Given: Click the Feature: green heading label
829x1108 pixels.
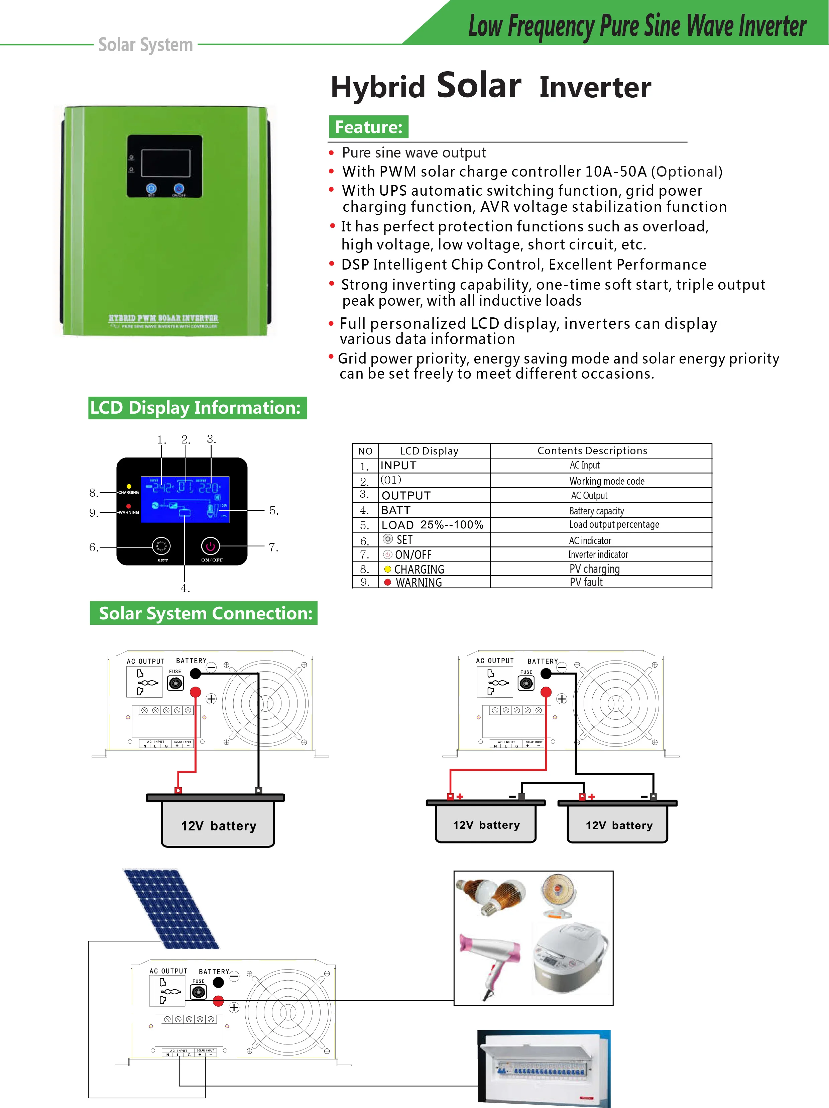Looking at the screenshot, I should pos(368,127).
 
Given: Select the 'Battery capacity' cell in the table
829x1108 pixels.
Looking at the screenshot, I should pos(596,510).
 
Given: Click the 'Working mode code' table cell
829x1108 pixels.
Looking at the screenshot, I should pos(606,481).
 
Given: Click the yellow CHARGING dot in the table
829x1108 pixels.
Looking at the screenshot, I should pos(387,569).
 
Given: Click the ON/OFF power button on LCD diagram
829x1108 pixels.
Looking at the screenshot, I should pos(210,546).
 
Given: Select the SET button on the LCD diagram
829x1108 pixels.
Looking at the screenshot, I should pos(161,546).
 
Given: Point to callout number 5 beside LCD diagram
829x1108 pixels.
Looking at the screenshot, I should pos(273,510).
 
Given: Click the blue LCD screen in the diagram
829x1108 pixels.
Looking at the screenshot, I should pos(185,499).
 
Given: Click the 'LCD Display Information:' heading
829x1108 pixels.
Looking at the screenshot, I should pos(197,408).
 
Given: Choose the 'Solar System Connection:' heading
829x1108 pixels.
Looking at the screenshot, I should pos(204,613).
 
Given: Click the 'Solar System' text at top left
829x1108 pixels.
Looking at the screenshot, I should pos(145,44).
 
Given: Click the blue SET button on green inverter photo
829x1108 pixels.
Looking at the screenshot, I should pos(151,188).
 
